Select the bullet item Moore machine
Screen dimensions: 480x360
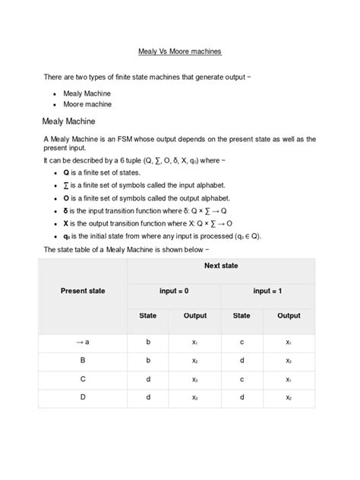87,104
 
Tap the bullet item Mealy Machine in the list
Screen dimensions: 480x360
87,93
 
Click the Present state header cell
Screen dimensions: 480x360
83,290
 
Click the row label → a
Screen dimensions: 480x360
83,343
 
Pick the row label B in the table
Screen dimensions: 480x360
83,361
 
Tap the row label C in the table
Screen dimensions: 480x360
83,379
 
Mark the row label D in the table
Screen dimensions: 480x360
83,397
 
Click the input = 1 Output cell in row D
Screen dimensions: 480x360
289,397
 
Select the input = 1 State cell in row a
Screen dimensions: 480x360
242,343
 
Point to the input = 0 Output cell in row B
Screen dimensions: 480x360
195,361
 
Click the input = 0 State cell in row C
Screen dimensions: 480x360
148,379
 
